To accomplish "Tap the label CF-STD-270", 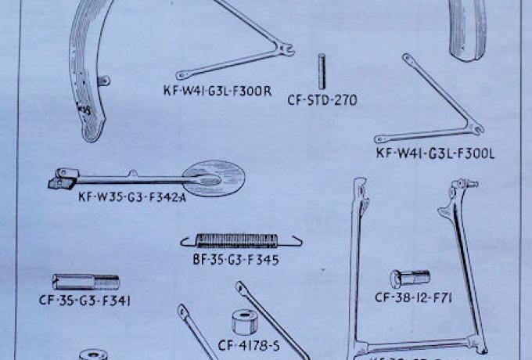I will tap(322, 100).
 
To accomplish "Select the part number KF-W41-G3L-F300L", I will tap(435, 154).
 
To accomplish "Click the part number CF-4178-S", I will tap(250, 344).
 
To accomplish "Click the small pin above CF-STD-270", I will tap(322, 71).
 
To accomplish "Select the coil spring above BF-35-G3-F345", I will tap(241, 240).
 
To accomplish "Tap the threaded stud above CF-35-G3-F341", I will tap(85, 281).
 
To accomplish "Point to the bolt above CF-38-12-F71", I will tap(410, 278).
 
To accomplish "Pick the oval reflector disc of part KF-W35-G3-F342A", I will tap(209, 178).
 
